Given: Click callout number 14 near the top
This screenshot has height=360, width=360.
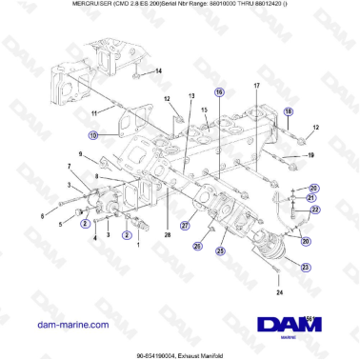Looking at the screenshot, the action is (158, 70).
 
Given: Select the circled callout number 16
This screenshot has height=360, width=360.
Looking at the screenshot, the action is (219, 92).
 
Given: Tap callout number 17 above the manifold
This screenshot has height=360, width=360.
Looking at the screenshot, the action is (256, 87).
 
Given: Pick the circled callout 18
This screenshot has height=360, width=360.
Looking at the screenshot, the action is (290, 112).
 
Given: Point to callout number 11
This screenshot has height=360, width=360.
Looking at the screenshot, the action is (94, 114).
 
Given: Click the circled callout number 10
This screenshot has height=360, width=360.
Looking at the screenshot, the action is (93, 136).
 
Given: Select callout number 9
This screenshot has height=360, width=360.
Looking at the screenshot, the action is (81, 153).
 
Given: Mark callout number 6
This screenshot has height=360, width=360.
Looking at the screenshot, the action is (41, 216).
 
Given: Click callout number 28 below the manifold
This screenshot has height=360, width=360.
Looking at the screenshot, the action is (168, 233).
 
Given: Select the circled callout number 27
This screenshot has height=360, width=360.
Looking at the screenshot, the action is (187, 226).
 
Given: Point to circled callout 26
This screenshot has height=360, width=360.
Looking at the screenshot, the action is (197, 246).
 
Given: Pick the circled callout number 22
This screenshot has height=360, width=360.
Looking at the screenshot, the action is (315, 209).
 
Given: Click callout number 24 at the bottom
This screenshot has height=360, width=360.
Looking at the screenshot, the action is (279, 293).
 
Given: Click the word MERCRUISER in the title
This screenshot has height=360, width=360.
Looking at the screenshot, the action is (44, 5).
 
